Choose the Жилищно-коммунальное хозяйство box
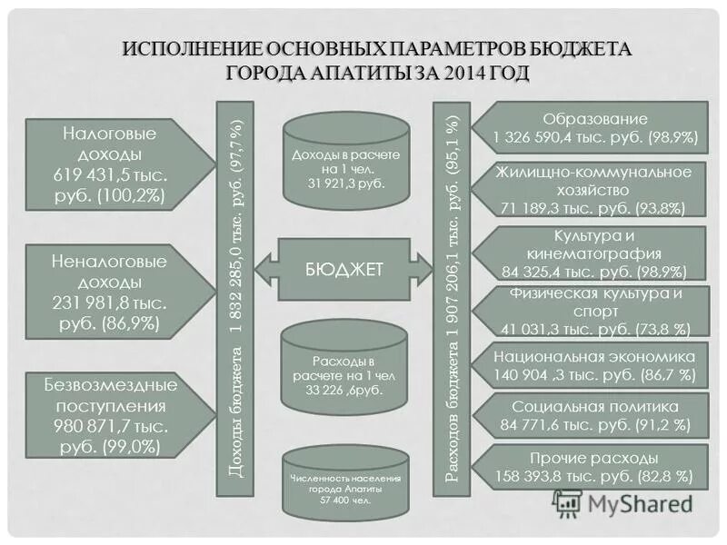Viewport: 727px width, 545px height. [595, 190]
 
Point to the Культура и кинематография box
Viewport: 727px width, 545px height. [595, 253]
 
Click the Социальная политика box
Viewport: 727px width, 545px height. [595, 415]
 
